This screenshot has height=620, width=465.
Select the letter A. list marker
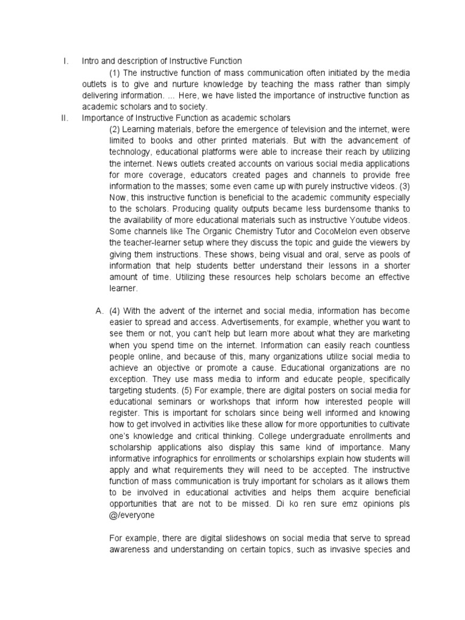point(100,311)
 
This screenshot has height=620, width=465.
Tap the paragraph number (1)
point(116,73)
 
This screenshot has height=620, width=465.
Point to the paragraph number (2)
point(116,129)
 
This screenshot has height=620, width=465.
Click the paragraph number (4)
point(117,311)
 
